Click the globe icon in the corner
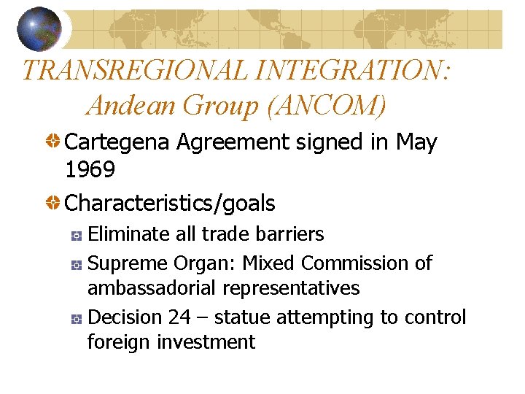40,28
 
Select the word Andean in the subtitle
131,106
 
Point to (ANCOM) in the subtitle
327,106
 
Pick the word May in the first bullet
416,143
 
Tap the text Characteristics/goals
170,203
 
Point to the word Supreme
128,263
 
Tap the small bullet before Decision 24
76,319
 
